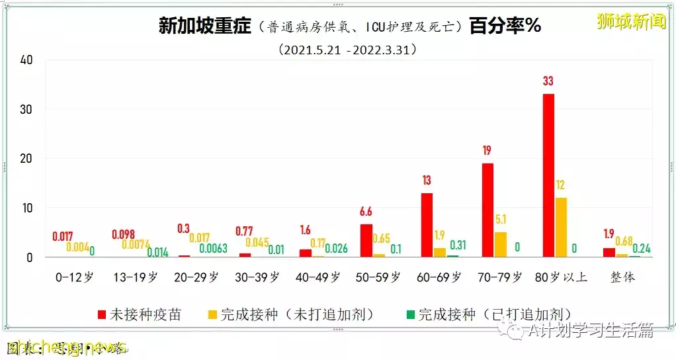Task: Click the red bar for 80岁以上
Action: click(548, 175)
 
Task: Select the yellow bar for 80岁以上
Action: click(560, 227)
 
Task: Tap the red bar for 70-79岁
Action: click(487, 210)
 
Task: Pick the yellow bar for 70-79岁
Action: click(500, 244)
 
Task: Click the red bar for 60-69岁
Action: click(427, 225)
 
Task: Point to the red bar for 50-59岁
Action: click(366, 240)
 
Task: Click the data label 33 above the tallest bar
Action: click(548, 81)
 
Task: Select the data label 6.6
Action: click(366, 212)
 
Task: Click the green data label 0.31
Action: click(458, 245)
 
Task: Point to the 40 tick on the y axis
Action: click(26, 60)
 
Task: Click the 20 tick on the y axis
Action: click(26, 159)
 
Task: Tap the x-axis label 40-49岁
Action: click(316, 277)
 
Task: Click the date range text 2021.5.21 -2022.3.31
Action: click(348, 50)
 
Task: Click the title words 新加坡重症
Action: click(205, 26)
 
